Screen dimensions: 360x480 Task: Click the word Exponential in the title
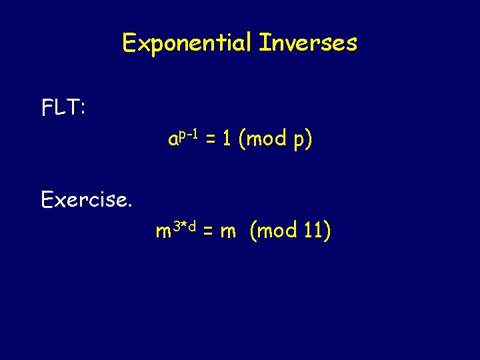pyautogui.click(x=187, y=44)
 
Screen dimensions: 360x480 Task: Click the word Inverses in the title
pyautogui.click(x=308, y=43)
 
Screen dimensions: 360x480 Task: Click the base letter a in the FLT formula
pyautogui.click(x=173, y=140)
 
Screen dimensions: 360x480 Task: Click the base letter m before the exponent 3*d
pyautogui.click(x=163, y=232)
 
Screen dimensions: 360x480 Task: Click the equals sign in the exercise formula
pyautogui.click(x=208, y=232)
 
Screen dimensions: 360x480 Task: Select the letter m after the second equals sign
pyautogui.click(x=228, y=232)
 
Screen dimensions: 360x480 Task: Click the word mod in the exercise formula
pyautogui.click(x=276, y=232)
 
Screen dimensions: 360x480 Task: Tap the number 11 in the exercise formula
pyautogui.click(x=312, y=231)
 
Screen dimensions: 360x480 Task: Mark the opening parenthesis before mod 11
pyautogui.click(x=253, y=232)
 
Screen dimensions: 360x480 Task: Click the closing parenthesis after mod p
pyautogui.click(x=309, y=140)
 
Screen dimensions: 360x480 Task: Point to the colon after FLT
pyautogui.click(x=82, y=109)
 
